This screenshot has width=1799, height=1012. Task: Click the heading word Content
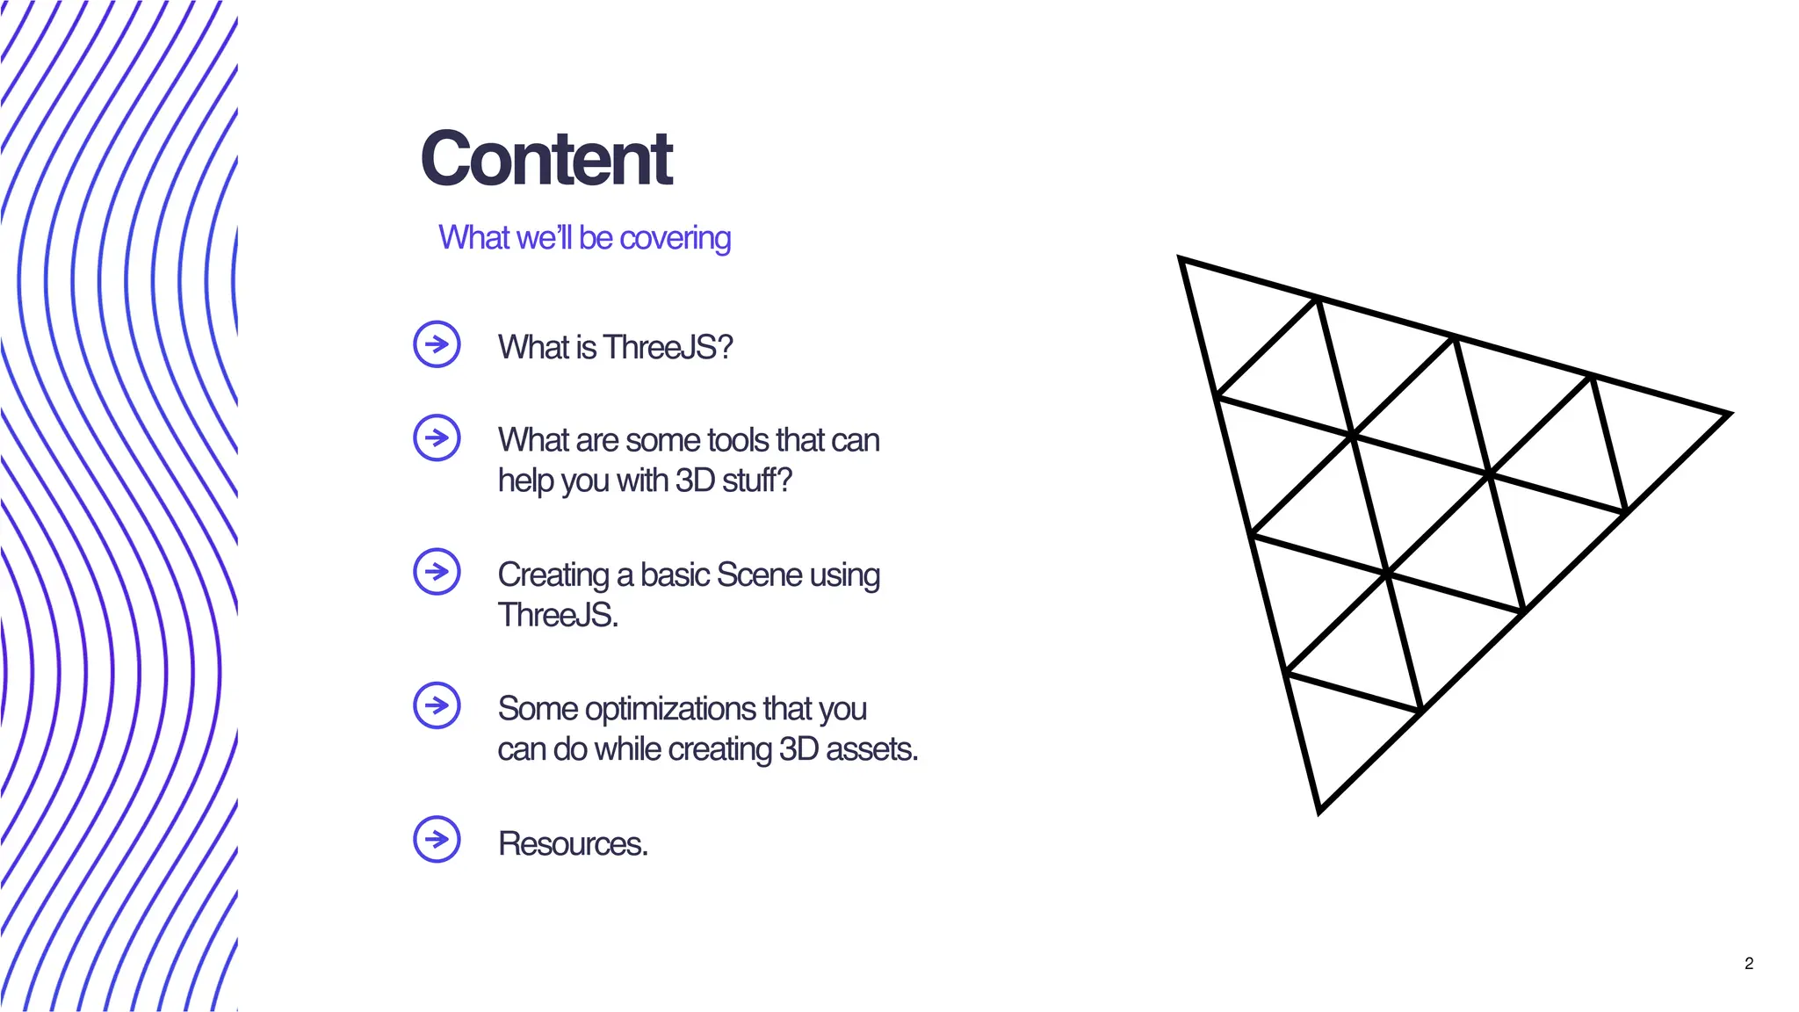point(546,159)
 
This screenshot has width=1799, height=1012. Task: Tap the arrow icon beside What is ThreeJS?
point(437,344)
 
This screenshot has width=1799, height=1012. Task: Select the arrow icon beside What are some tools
point(437,437)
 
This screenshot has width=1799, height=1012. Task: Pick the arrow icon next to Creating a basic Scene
point(437,572)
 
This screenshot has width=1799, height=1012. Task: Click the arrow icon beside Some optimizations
point(437,705)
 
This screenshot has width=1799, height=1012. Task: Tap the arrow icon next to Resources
point(437,840)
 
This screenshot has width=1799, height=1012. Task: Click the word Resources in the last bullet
point(572,843)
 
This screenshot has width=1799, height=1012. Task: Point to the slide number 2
point(1748,964)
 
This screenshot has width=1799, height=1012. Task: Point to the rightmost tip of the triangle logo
point(1726,414)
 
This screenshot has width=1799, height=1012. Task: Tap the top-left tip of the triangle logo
point(1181,260)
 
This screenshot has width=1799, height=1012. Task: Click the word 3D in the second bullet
point(694,481)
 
